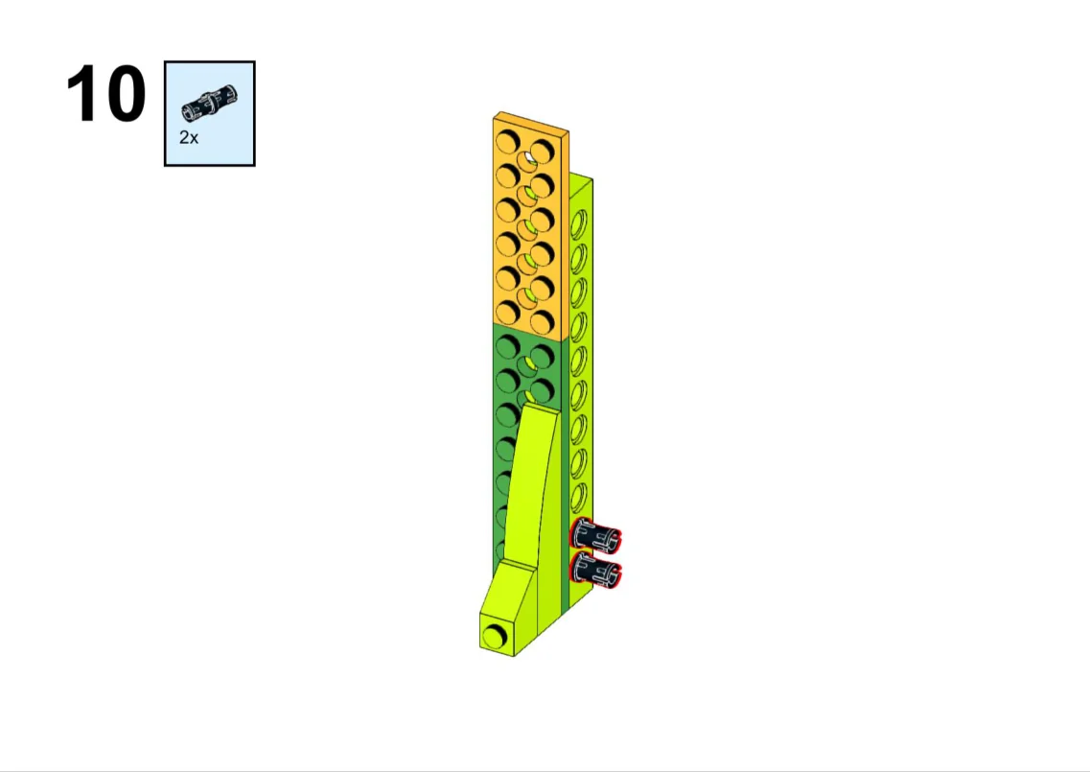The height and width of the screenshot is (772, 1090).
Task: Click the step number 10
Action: pyautogui.click(x=106, y=94)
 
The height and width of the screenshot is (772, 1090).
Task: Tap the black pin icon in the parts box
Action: pyautogui.click(x=209, y=103)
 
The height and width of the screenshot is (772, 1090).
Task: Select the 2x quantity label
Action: pyautogui.click(x=189, y=138)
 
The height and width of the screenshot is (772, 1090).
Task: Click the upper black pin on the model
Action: pyautogui.click(x=595, y=536)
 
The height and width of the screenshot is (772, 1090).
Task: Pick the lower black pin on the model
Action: pyautogui.click(x=595, y=571)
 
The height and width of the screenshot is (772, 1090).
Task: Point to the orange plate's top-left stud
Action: pyautogui.click(x=507, y=143)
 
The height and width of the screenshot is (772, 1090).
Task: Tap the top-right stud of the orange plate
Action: pyautogui.click(x=542, y=151)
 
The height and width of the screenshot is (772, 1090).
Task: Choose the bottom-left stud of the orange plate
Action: pyautogui.click(x=507, y=313)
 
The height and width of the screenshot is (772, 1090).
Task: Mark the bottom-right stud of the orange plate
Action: pyautogui.click(x=542, y=321)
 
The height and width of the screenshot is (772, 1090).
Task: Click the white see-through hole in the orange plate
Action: pyautogui.click(x=530, y=158)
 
